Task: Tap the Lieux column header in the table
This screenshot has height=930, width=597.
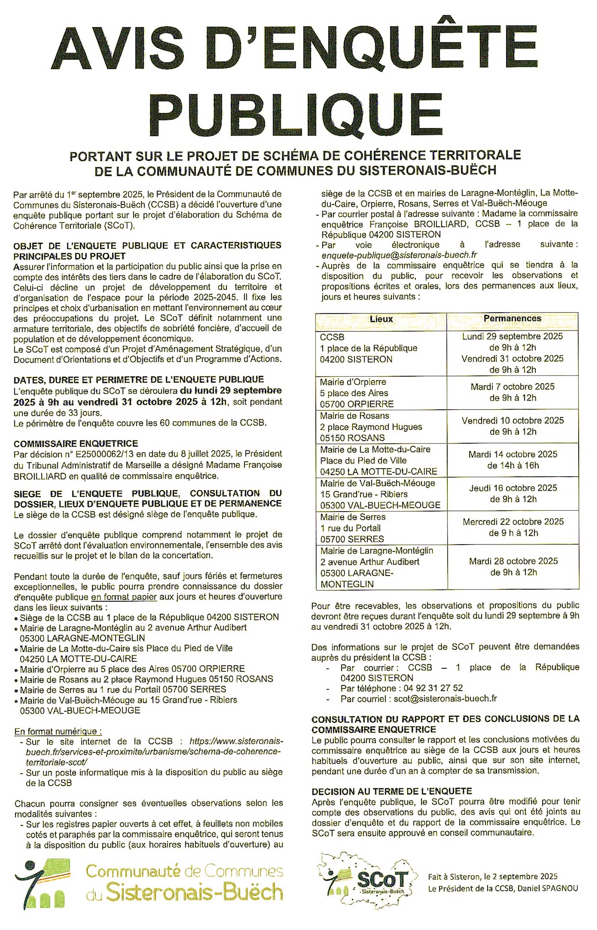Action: [x=381, y=319]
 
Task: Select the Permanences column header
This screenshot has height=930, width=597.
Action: [x=512, y=318]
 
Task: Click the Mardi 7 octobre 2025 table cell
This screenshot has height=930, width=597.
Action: [x=513, y=392]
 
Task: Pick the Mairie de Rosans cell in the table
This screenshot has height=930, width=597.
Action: [x=381, y=426]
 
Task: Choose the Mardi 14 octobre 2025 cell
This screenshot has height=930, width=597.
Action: [x=513, y=459]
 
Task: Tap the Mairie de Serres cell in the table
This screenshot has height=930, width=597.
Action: [x=381, y=528]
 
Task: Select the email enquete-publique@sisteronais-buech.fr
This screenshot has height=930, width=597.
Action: [x=399, y=255]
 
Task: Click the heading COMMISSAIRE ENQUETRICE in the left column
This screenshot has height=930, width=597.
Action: [x=76, y=444]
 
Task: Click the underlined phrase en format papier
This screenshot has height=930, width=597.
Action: [x=124, y=597]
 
